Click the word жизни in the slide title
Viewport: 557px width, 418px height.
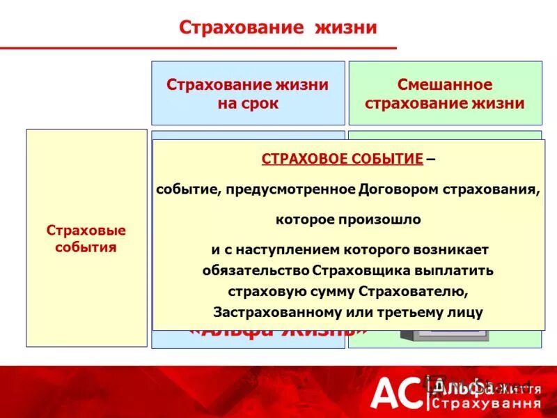click(x=346, y=28)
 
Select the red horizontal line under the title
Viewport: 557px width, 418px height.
click(x=198, y=48)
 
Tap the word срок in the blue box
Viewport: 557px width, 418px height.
click(x=262, y=103)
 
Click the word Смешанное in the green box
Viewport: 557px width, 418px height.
click(x=445, y=85)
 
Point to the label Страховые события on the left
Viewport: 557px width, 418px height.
click(x=86, y=238)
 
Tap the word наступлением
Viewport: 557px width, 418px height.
click(x=293, y=249)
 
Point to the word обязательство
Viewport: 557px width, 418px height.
click(x=256, y=270)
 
